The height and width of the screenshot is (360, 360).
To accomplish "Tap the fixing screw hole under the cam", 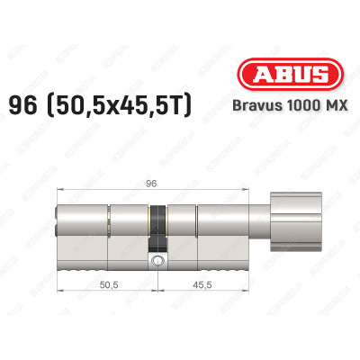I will tap(158, 262).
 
